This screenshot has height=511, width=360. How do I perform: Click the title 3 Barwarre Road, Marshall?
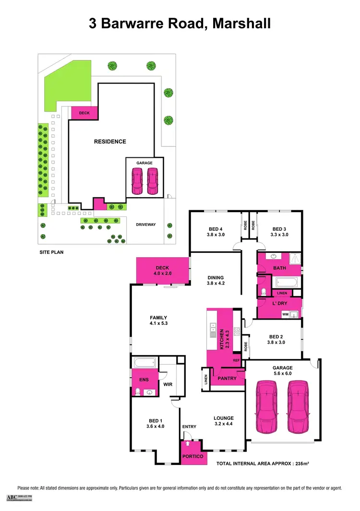tap(180, 24)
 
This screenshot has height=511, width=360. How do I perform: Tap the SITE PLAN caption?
tap(51, 251)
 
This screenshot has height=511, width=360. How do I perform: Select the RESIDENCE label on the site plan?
tap(110, 142)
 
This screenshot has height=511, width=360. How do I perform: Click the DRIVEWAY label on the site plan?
tap(145, 225)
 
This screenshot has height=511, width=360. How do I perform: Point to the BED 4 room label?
tap(216, 232)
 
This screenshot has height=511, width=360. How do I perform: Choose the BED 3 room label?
tap(280, 232)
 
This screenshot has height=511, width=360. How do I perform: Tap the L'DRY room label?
tap(279, 304)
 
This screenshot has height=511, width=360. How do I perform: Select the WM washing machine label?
tap(285, 314)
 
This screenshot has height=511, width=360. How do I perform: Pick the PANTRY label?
tap(227, 378)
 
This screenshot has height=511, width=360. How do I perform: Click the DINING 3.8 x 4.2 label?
tap(216, 280)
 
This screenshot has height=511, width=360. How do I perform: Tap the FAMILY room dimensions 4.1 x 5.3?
tap(158, 323)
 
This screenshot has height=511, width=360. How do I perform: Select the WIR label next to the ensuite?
tap(168, 384)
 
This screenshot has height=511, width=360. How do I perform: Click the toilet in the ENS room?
tap(138, 392)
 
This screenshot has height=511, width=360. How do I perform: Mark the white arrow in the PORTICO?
tap(188, 445)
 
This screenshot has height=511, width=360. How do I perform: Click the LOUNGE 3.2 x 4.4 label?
tap(223, 421)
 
